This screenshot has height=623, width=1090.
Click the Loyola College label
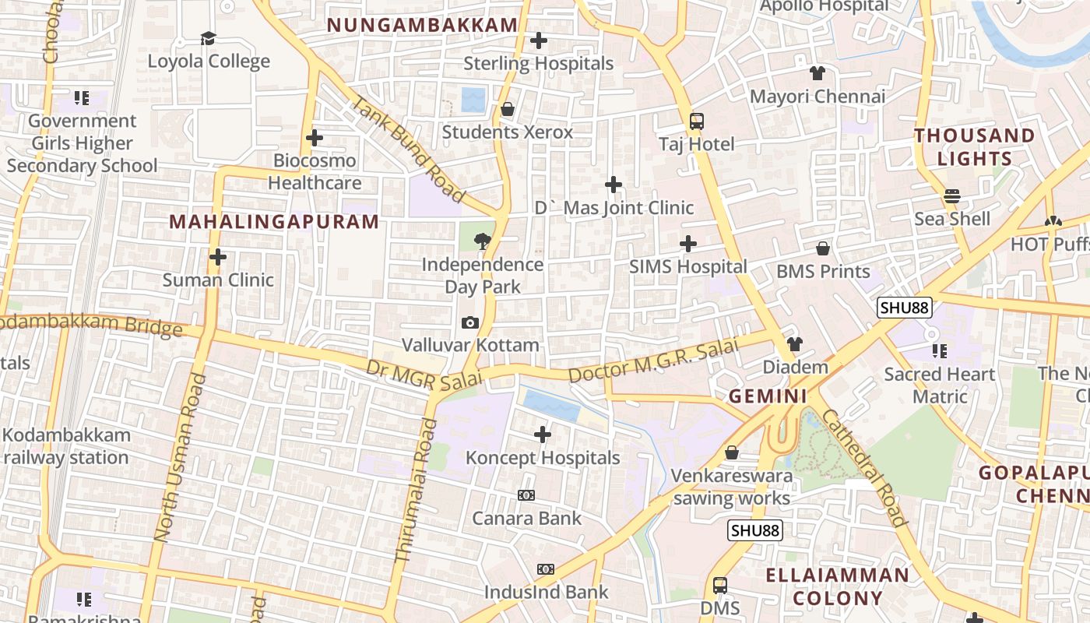(209, 62)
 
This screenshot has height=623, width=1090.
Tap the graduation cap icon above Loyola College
(208, 38)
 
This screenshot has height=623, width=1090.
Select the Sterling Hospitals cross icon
(538, 40)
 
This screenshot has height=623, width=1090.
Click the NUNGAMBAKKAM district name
(422, 25)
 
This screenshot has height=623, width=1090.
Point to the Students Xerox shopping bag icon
(508, 109)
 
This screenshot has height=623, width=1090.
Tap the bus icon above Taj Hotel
(696, 121)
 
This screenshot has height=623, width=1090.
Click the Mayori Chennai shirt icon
(817, 74)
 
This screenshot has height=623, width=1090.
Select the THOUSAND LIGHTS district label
(974, 146)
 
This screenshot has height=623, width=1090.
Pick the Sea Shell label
(952, 219)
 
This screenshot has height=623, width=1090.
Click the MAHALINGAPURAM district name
(274, 222)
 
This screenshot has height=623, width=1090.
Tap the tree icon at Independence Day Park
(483, 240)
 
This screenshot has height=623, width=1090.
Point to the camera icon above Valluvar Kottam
(470, 322)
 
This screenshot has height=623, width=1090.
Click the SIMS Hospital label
(688, 266)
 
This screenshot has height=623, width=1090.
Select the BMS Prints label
(823, 272)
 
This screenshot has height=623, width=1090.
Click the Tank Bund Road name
(407, 148)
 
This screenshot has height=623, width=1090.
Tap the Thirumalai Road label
(415, 491)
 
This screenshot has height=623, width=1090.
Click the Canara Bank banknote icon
(526, 495)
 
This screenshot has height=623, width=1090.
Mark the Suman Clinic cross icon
(218, 256)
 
